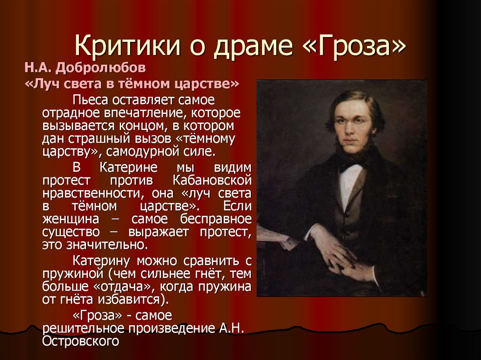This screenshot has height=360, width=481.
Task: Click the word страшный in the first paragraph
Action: click(x=93, y=139)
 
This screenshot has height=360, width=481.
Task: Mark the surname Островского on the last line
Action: click(x=80, y=342)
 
